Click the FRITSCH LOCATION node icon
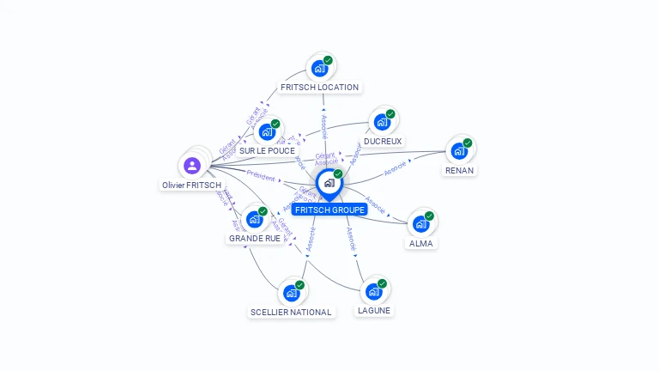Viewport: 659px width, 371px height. (x=319, y=69)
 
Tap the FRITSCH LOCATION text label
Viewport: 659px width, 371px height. (x=319, y=88)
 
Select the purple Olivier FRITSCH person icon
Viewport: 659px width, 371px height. (x=192, y=165)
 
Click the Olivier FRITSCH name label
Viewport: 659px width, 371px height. (x=192, y=185)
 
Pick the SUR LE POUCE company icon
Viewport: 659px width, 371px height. (x=267, y=132)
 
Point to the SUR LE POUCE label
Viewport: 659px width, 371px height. (x=267, y=151)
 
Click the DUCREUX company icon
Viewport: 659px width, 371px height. (x=382, y=122)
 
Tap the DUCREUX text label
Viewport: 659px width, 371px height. (x=383, y=141)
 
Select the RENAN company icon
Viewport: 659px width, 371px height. (x=459, y=151)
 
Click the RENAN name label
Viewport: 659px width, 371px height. (x=459, y=170)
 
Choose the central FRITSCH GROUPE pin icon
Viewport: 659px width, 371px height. (x=329, y=183)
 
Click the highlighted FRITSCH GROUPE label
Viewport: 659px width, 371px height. (x=329, y=210)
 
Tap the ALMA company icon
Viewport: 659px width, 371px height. (x=420, y=224)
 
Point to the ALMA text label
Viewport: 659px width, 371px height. (x=421, y=243)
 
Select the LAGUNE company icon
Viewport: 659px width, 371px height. (x=374, y=292)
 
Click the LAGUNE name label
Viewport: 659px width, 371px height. (x=374, y=310)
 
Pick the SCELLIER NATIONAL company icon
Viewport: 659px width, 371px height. (x=291, y=294)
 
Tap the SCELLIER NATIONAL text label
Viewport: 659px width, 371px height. (x=291, y=313)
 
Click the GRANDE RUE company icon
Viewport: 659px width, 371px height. (x=254, y=219)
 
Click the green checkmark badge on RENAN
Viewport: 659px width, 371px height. (x=468, y=143)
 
